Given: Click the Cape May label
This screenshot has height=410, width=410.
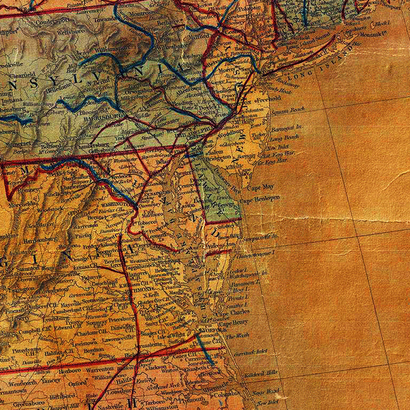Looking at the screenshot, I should [x=260, y=186].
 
